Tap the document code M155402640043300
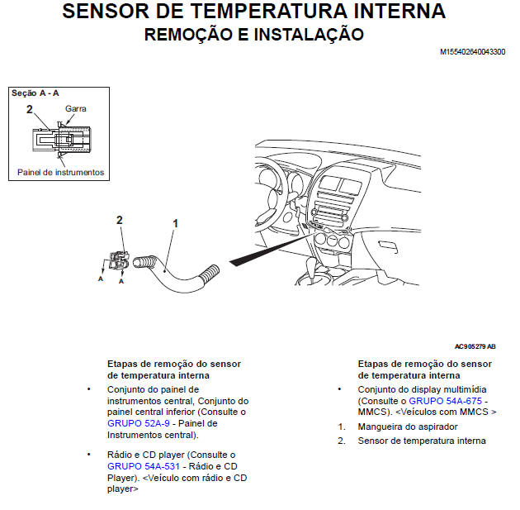(473, 52)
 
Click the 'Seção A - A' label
(35, 93)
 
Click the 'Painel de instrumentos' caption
(61, 172)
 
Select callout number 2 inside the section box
(29, 108)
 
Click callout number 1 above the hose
(175, 223)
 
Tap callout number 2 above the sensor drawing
(120, 220)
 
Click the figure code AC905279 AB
(475, 347)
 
